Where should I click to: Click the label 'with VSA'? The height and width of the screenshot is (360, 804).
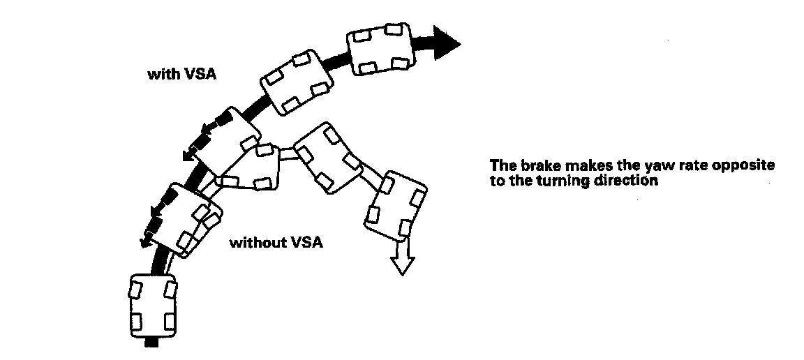[182, 75]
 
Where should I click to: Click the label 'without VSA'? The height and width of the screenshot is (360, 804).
[276, 243]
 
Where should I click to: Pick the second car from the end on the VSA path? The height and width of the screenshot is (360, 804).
[297, 82]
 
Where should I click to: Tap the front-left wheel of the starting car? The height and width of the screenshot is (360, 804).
[135, 290]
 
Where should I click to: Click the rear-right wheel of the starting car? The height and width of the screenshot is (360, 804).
[169, 322]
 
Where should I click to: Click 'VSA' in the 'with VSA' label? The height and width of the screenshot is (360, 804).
[200, 75]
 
